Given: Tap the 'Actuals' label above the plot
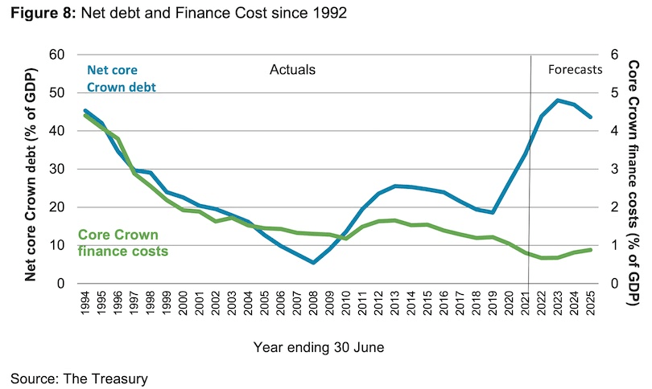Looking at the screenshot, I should tap(292, 69).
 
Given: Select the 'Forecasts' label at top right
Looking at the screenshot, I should tap(575, 69).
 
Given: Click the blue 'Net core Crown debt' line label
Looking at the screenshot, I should tap(121, 78).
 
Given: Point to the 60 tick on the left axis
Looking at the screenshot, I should tap(56, 55).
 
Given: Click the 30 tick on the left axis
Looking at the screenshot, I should tap(56, 169).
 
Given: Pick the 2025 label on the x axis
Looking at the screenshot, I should tap(590, 308).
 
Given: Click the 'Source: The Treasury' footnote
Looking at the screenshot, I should tap(80, 376).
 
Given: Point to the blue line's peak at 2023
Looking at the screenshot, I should tap(558, 100).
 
